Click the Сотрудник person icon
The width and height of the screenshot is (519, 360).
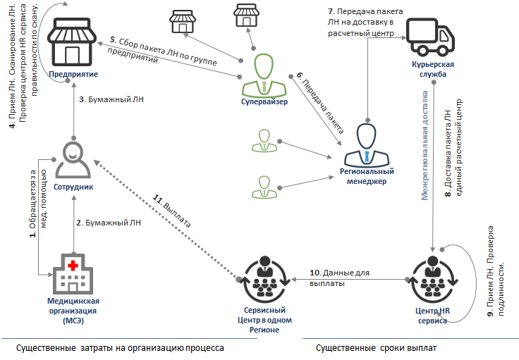(x=73, y=159)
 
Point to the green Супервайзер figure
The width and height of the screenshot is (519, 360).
(x=264, y=75)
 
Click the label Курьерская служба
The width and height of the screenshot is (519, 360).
(x=433, y=70)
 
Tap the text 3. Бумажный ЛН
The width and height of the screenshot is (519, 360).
(x=107, y=99)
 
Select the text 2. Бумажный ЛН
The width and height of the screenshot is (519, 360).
(x=107, y=222)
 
